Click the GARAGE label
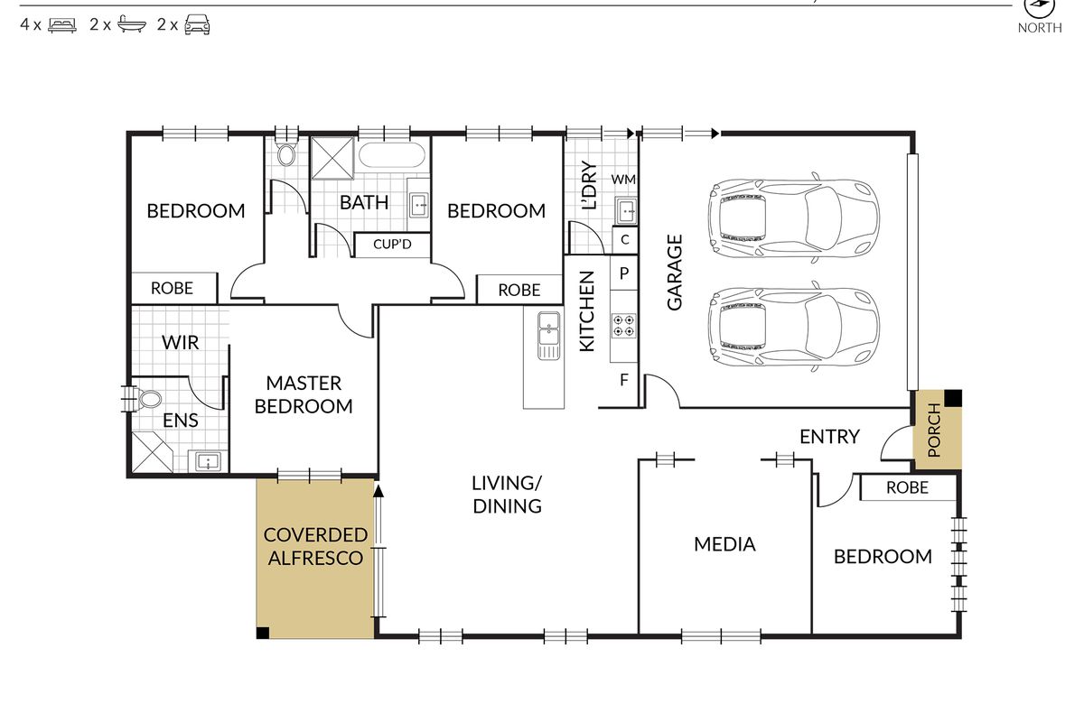tap(675, 273)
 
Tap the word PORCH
tap(934, 430)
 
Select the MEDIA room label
tap(724, 544)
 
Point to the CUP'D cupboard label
tap(392, 245)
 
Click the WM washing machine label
tap(623, 180)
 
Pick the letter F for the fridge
tap(624, 380)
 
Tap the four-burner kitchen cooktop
tap(623, 326)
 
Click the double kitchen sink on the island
tap(549, 335)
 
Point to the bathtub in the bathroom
tap(392, 155)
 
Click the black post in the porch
tap(953, 398)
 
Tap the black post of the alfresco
tap(263, 633)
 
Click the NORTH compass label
tap(1040, 28)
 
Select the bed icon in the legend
tap(62, 24)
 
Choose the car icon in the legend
tap(197, 24)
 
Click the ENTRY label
tap(829, 437)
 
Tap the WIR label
tap(180, 342)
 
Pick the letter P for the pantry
tap(624, 273)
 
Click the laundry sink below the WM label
tap(626, 210)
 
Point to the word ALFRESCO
tap(315, 558)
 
